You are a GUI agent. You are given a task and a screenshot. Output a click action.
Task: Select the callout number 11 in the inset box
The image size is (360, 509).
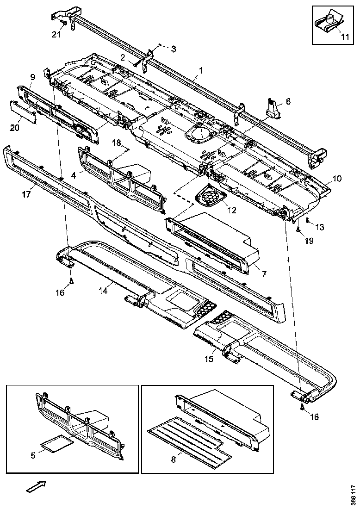(x=345, y=37)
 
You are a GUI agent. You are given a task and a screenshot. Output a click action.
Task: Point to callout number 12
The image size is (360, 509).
(x=231, y=210)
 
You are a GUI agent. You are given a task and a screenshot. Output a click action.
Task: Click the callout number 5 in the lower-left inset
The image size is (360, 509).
(x=33, y=455)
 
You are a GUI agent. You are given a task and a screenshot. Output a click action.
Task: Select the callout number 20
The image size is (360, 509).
(x=14, y=128)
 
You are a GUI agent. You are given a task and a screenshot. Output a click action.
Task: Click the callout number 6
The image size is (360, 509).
(x=288, y=101)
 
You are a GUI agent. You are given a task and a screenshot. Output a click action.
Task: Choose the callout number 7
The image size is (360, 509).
(x=263, y=274)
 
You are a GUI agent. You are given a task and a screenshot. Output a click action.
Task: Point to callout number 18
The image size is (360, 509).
(x=116, y=142)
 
